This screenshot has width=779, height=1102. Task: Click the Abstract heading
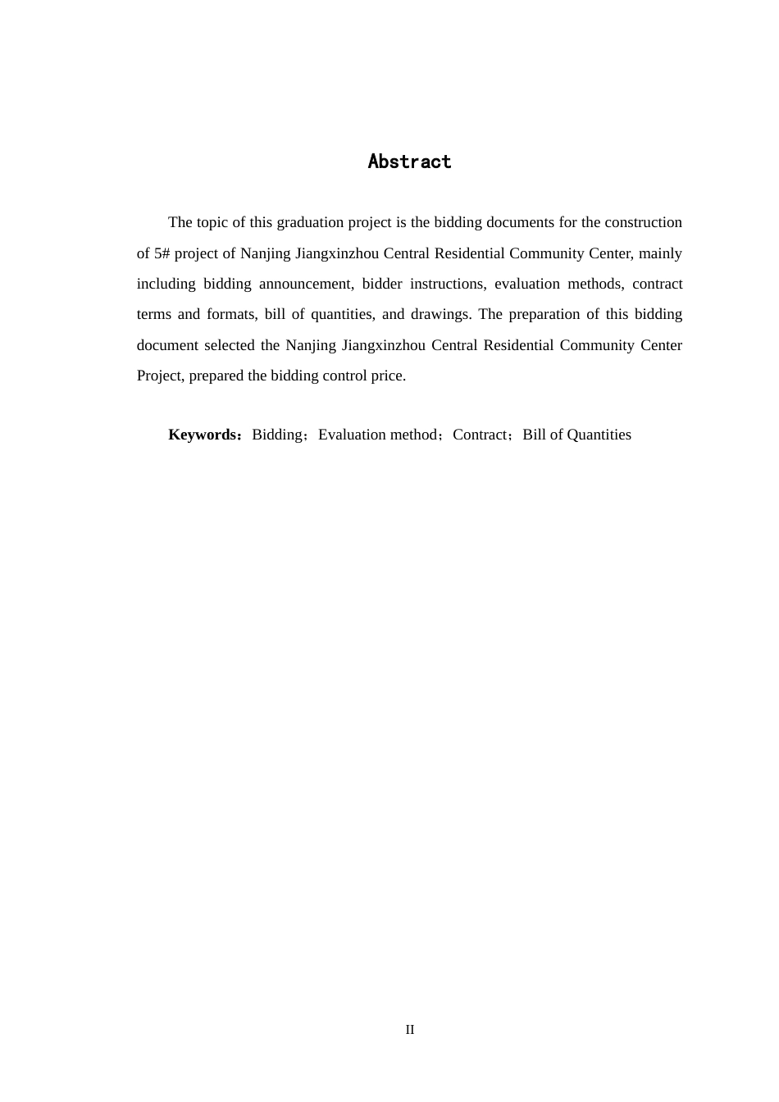[x=409, y=162]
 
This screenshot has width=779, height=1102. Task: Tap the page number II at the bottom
[x=410, y=1030]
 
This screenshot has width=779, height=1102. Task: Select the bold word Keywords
[x=202, y=435]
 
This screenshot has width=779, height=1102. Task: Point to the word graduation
[x=308, y=222]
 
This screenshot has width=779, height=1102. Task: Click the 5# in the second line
[x=162, y=253]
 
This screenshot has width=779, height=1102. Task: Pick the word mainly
[x=661, y=253]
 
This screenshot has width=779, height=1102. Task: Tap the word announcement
[x=306, y=284]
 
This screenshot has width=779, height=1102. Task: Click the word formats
[x=231, y=314]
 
